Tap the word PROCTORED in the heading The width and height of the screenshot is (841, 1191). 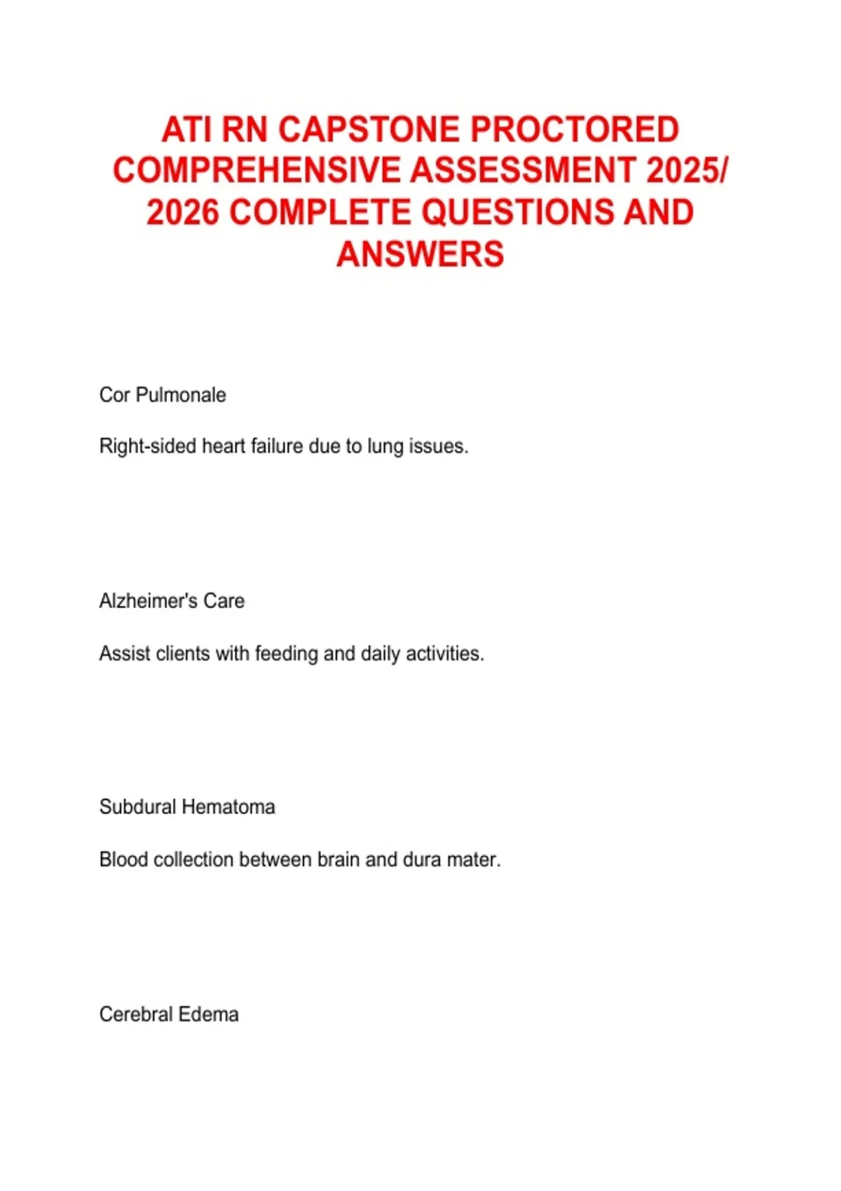(575, 130)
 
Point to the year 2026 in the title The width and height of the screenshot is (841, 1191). (184, 212)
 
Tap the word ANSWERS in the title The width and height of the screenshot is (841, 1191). (420, 254)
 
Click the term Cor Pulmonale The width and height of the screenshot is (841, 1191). (163, 395)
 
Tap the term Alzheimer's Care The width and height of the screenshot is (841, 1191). (172, 601)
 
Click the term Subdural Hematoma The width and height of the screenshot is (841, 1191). (187, 807)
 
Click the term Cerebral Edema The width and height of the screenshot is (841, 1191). (169, 1014)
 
